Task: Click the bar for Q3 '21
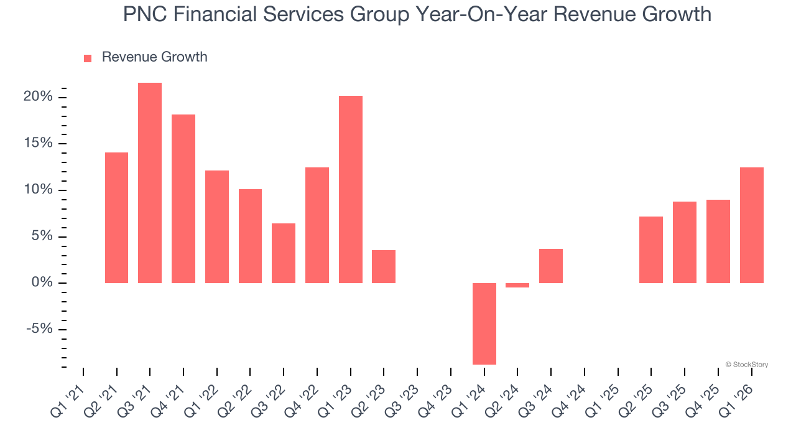[x=150, y=183]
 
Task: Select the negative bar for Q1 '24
[x=484, y=324]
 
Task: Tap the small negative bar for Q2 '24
[x=517, y=286]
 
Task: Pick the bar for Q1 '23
[x=351, y=189]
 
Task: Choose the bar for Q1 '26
[x=752, y=225]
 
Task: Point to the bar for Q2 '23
[x=384, y=266]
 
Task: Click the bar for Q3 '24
[x=551, y=266]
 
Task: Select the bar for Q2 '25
[x=651, y=250]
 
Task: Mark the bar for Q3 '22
[x=284, y=253]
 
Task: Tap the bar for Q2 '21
[x=116, y=218]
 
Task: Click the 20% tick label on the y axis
[x=39, y=97]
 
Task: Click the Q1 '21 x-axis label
[x=66, y=392]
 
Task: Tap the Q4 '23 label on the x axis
[x=433, y=392]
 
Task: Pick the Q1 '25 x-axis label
[x=601, y=392]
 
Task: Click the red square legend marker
[x=88, y=58]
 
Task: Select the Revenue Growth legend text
[x=154, y=57]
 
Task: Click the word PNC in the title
[x=146, y=14]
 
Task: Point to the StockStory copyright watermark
[x=746, y=365]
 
